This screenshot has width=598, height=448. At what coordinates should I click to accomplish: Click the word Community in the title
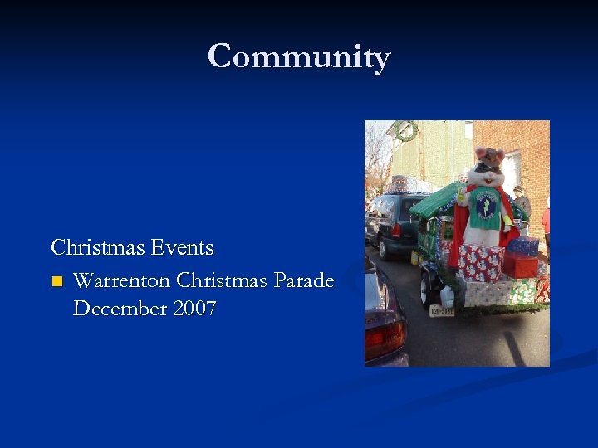(299, 57)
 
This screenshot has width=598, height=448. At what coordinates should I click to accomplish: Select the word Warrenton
(121, 280)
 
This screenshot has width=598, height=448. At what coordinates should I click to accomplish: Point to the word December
(119, 309)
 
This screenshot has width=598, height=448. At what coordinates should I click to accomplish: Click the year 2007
(194, 309)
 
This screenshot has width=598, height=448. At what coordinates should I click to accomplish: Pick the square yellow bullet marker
(56, 281)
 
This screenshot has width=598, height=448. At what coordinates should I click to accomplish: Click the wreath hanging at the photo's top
(406, 130)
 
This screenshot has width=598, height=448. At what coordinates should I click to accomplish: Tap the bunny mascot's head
(487, 166)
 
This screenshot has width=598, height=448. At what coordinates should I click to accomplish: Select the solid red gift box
(520, 265)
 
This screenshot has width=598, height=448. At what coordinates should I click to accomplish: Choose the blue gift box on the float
(523, 246)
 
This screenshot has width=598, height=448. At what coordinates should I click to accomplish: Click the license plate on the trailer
(441, 311)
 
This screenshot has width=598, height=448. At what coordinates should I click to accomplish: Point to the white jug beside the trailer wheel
(447, 296)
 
